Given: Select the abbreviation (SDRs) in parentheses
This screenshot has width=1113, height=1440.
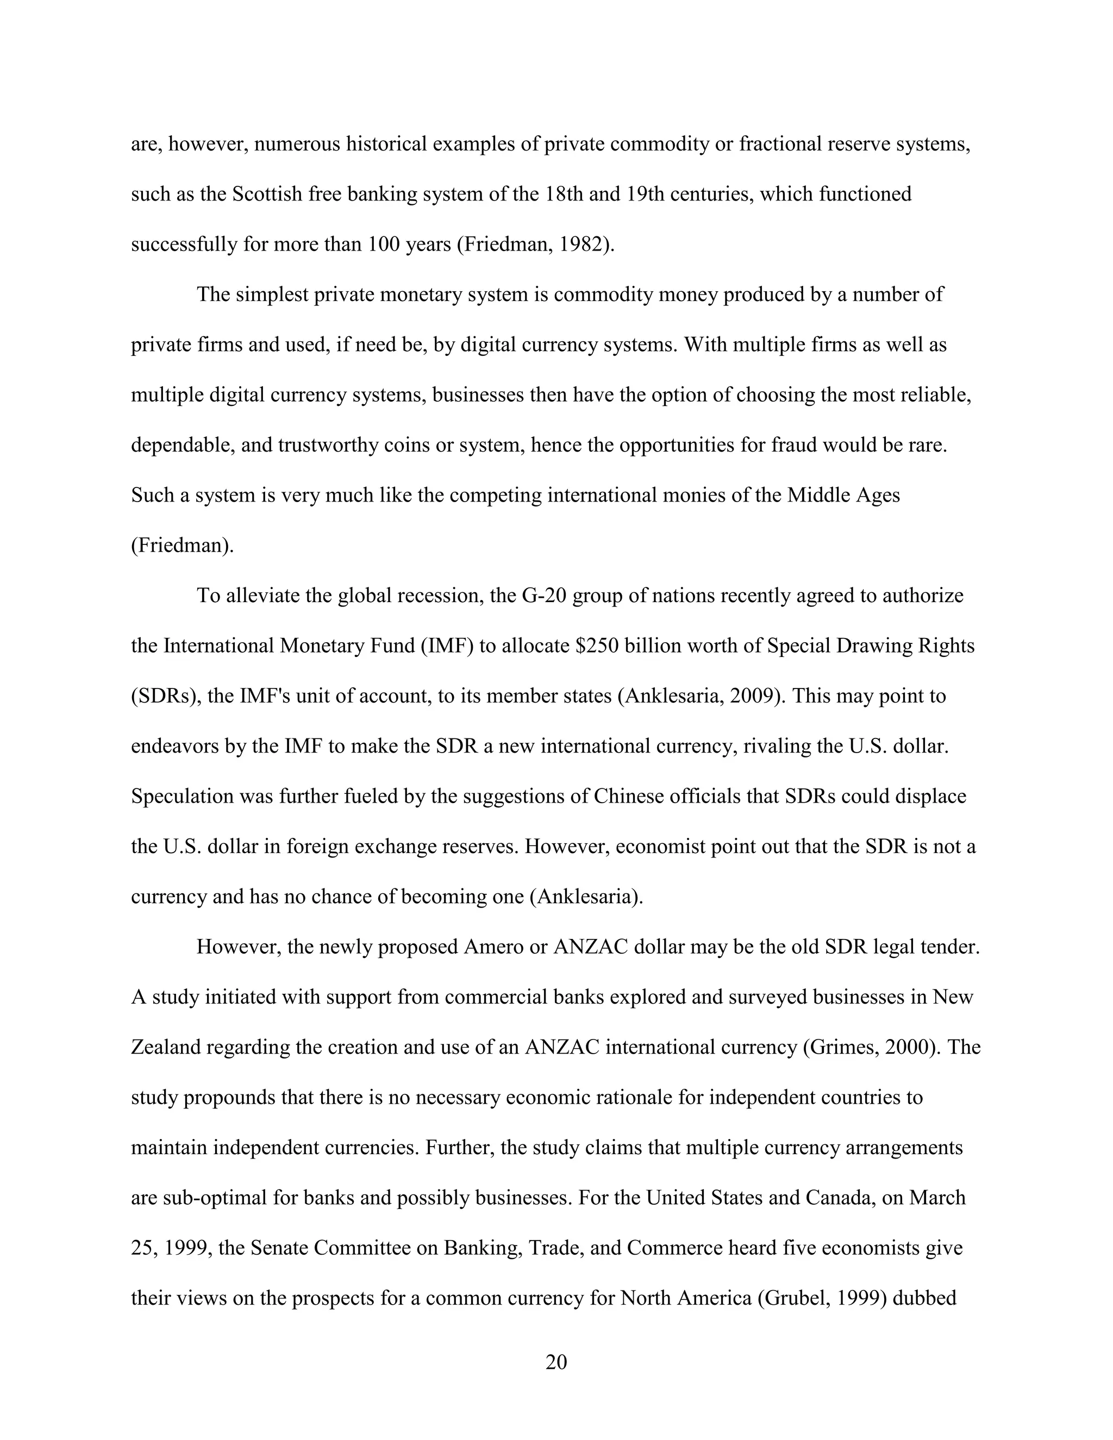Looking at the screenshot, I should [166, 696].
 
